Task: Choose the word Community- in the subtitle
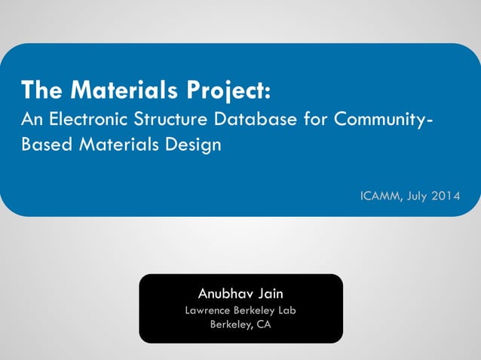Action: [384, 118]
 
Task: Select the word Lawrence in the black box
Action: [209, 310]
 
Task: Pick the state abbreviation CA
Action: [263, 325]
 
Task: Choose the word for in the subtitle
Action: [311, 118]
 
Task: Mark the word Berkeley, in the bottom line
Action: [231, 325]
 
